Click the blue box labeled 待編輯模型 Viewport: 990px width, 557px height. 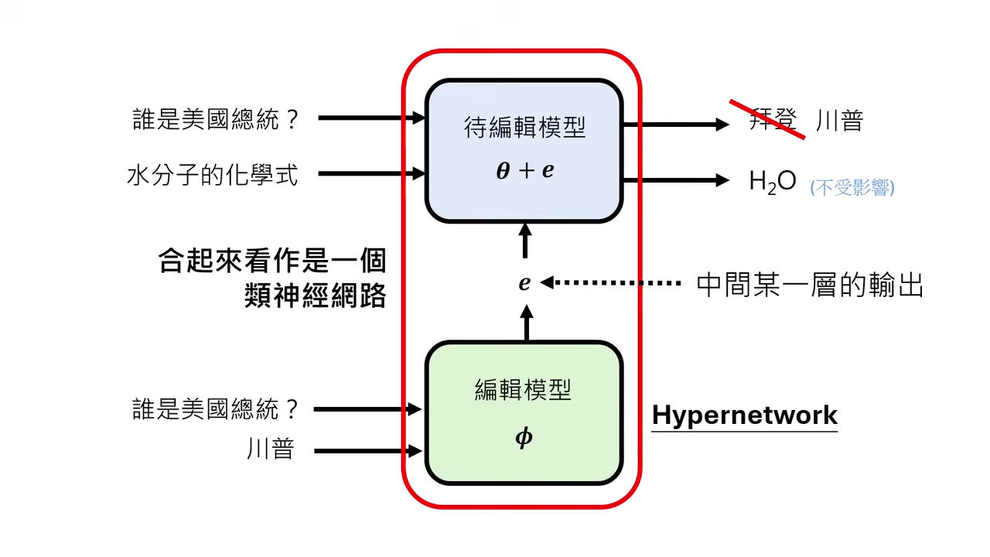coord(524,150)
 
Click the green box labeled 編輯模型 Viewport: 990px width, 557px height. coord(524,413)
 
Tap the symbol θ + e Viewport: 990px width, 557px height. coord(524,171)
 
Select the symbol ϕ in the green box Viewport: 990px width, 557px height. coord(524,438)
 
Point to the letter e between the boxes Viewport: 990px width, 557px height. coord(524,283)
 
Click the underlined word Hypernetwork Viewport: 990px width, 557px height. coord(744,415)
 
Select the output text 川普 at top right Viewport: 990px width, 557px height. coord(839,121)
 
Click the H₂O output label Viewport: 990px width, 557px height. coord(772,181)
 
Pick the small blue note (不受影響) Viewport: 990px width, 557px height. coord(852,187)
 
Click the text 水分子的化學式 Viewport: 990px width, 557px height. coord(213,175)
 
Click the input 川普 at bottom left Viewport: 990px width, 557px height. coord(271,449)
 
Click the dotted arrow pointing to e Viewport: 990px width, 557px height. coord(611,283)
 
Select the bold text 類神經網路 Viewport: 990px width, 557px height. coord(315,296)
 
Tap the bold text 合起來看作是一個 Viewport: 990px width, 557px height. coord(272,261)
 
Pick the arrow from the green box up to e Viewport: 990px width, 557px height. coord(527,323)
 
